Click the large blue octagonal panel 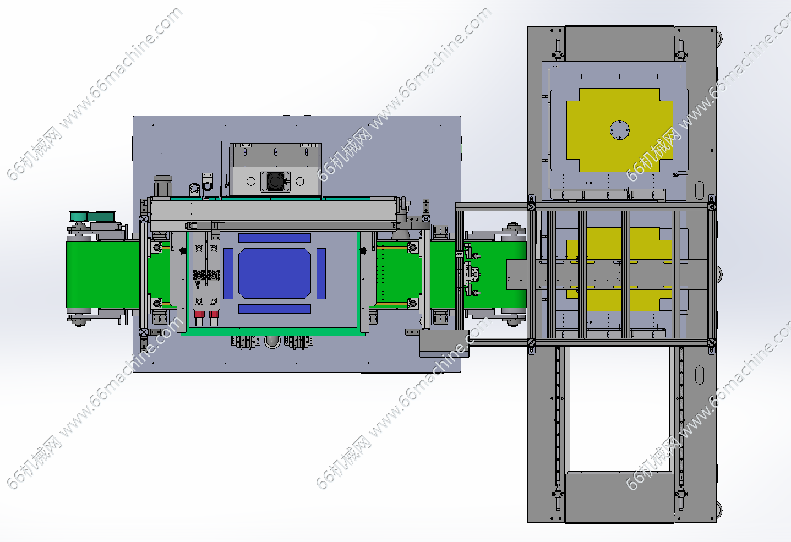pos(274,273)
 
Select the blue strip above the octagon pos(274,238)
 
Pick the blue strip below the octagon pos(274,309)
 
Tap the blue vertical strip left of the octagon pos(228,273)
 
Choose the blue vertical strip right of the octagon pos(321,273)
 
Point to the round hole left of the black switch pos(250,182)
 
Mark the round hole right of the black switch pos(300,182)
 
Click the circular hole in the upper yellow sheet pos(619,130)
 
